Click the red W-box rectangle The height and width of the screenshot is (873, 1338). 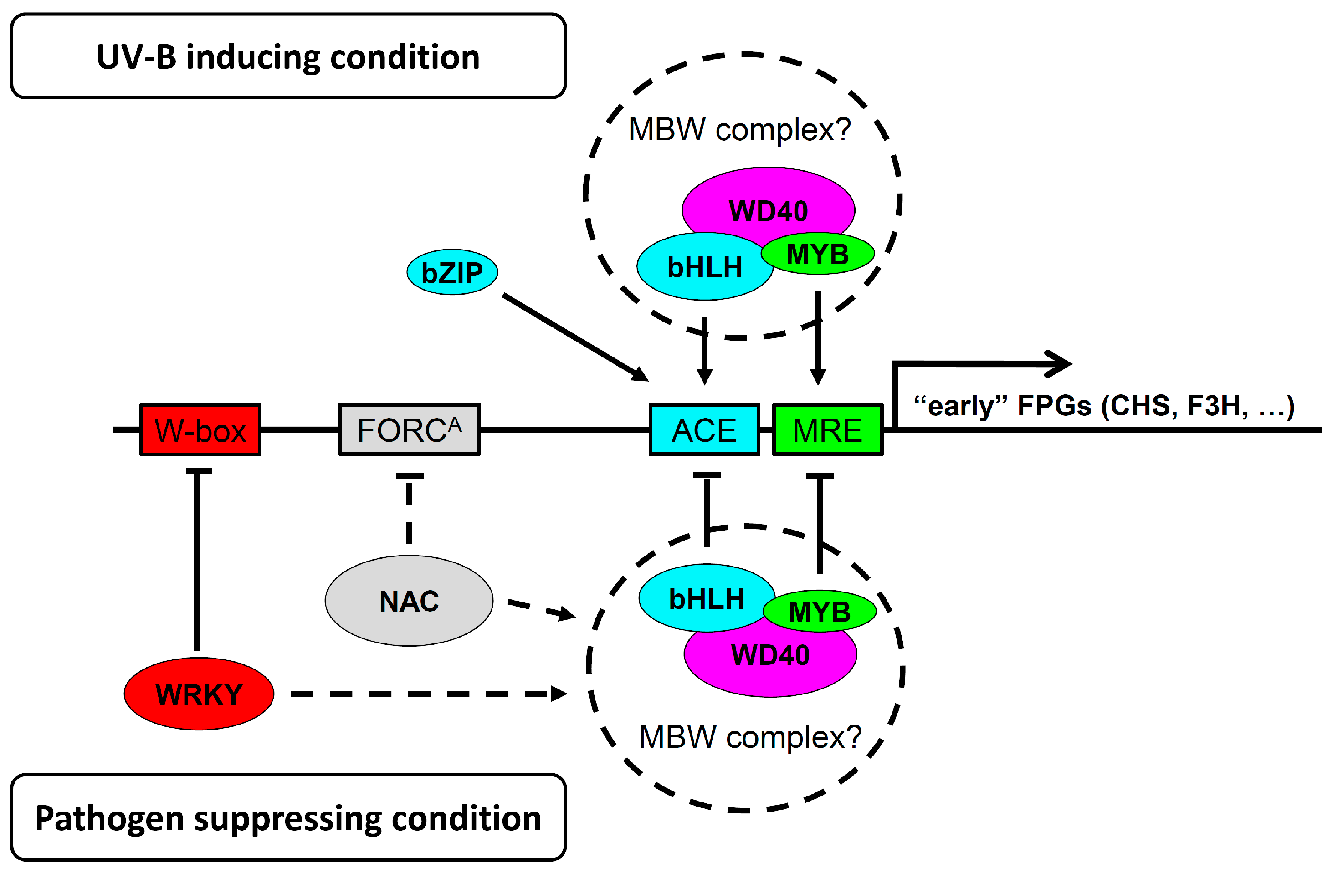tap(200, 430)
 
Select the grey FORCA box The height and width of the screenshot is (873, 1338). tap(409, 430)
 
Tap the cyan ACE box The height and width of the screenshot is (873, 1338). tap(704, 430)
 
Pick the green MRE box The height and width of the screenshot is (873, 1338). tap(827, 430)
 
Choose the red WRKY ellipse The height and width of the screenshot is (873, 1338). tap(199, 694)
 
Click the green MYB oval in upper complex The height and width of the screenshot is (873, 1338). tap(818, 254)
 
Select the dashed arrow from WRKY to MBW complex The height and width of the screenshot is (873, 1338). tap(427, 694)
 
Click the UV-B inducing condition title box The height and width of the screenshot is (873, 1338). tap(288, 56)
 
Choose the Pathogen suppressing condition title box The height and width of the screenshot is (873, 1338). tap(288, 818)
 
